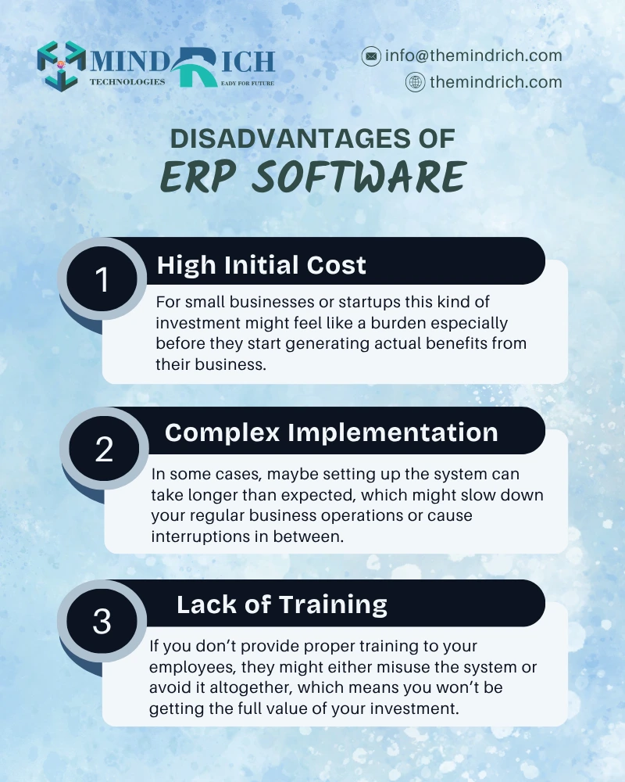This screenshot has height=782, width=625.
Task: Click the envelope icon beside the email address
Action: pos(371,56)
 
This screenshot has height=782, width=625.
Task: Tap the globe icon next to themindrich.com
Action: pos(415,82)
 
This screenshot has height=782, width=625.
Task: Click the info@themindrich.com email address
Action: pos(473,56)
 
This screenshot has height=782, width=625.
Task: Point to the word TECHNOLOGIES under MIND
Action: pos(127,82)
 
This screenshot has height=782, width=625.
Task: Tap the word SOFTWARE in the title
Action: pos(359,177)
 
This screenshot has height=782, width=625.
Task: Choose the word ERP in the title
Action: pos(198,177)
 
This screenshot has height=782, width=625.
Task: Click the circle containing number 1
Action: pos(102,279)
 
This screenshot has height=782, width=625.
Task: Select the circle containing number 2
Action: pos(104,448)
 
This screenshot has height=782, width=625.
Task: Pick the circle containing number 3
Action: pos(102,621)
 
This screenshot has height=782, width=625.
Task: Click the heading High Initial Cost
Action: pos(262,265)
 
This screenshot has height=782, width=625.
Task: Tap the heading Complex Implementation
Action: pos(331,432)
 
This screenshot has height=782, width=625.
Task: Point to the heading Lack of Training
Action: pos(282,604)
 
